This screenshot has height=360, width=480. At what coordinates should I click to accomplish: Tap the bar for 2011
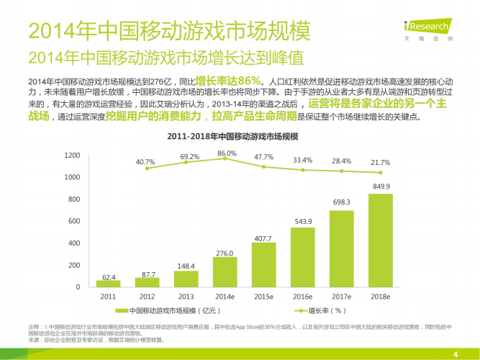coord(108,283)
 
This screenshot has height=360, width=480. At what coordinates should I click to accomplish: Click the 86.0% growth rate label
coord(227,153)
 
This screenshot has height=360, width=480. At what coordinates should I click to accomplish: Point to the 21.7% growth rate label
coord(381,163)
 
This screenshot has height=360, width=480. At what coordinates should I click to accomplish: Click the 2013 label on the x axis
coord(186,296)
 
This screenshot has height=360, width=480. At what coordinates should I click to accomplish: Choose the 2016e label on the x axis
coord(302,296)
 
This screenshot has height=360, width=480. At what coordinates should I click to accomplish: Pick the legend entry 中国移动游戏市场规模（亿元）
coord(168,311)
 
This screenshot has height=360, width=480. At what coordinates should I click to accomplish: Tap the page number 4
coord(455,352)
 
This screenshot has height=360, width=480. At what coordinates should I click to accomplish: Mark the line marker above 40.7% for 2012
coord(147,168)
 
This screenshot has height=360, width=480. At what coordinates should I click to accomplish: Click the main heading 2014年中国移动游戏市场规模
coord(159,31)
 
